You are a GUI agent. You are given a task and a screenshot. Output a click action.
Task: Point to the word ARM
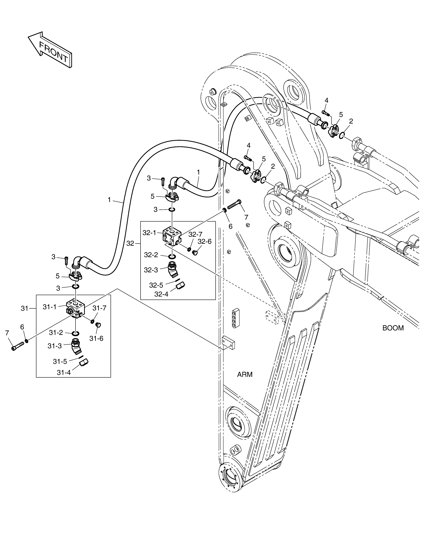(x=245, y=381)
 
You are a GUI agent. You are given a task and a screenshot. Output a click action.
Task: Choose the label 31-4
(x=64, y=380)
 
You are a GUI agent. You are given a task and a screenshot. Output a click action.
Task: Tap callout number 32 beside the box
(x=130, y=243)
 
